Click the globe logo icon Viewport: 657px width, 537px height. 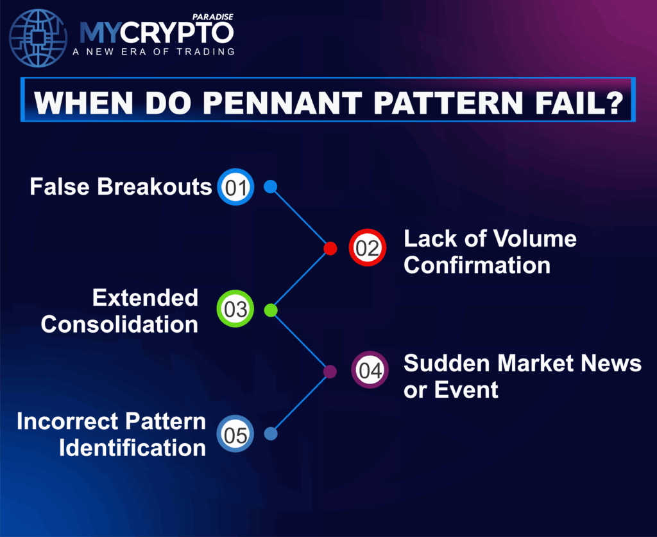(x=38, y=38)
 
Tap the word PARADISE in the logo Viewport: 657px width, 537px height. (x=213, y=17)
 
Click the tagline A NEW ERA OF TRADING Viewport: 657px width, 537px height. (x=154, y=51)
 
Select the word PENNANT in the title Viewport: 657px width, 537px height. (x=283, y=102)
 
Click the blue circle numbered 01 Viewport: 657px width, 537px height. (x=235, y=187)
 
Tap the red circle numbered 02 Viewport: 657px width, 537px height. (x=368, y=247)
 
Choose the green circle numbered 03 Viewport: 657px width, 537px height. (x=235, y=309)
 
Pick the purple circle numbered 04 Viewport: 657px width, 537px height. (x=370, y=369)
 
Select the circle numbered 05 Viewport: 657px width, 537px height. (x=235, y=434)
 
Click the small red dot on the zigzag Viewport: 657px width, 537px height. (x=330, y=249)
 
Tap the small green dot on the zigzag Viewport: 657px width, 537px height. (x=271, y=310)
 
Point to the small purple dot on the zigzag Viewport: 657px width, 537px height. (x=330, y=372)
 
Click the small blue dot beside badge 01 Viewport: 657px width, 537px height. (x=271, y=186)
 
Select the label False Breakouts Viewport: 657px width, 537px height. (x=121, y=187)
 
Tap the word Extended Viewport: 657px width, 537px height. (x=145, y=297)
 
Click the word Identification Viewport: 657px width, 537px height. (x=132, y=448)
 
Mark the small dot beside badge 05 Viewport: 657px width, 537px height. (x=271, y=434)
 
